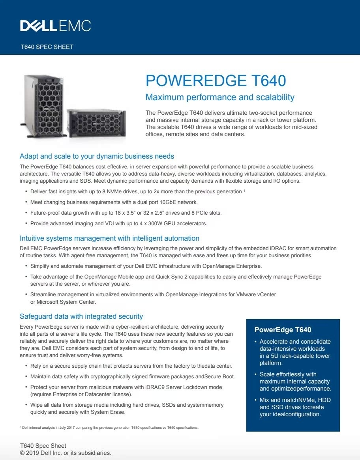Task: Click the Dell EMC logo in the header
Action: coord(56,26)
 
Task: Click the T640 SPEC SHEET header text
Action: coord(47,47)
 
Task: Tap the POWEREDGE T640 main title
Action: coord(216,80)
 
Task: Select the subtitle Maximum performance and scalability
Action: coord(220,97)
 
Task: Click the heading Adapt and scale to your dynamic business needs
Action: coord(97,156)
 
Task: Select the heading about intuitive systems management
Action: coord(109,238)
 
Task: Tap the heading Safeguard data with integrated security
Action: coord(81,316)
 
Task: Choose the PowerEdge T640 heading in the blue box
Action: coord(283,330)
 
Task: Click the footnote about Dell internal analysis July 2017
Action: coord(109,428)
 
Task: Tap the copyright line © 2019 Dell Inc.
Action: coord(66,453)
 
